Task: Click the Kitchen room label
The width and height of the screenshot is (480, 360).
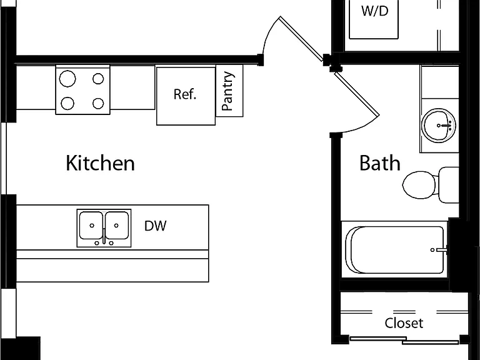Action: (x=100, y=163)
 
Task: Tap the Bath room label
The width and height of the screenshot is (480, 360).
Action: (x=379, y=163)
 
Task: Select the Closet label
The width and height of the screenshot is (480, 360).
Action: (x=404, y=323)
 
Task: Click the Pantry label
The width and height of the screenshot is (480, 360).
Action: (x=228, y=91)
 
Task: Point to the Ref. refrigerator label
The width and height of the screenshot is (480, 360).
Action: (x=184, y=94)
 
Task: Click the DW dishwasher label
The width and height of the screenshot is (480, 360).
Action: (x=155, y=226)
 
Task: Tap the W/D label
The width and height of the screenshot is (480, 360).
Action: (x=375, y=11)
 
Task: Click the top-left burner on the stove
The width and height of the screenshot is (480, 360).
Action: (x=67, y=79)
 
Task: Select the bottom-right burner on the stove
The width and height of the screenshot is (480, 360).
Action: (x=98, y=104)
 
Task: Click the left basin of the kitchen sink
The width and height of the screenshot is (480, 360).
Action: (x=91, y=225)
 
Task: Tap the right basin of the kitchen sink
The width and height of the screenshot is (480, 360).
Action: (x=117, y=225)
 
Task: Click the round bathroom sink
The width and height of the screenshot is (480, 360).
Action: (x=438, y=125)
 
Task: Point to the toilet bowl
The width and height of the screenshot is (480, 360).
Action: (x=419, y=184)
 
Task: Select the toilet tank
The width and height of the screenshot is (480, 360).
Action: (x=449, y=185)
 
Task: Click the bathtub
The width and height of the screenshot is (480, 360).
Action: (x=394, y=250)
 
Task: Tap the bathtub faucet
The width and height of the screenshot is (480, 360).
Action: (x=439, y=250)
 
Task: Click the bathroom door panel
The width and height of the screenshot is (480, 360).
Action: (x=357, y=94)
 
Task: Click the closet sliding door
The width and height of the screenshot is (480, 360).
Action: (x=404, y=340)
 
